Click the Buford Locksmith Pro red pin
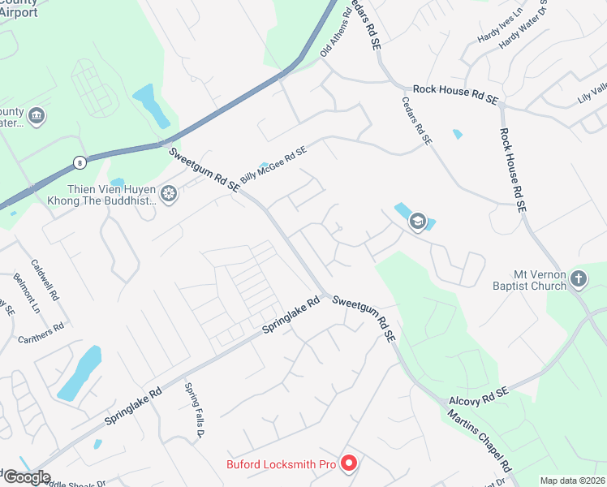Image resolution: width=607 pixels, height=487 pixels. (349, 463)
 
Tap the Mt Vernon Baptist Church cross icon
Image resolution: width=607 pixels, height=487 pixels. (578, 279)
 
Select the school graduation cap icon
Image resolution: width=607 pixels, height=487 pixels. (418, 221)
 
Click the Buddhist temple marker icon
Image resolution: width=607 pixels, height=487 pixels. (169, 193)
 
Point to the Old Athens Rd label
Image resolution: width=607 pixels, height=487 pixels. (336, 32)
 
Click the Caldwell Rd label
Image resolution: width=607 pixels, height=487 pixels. (45, 280)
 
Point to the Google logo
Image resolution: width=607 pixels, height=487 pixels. (26, 478)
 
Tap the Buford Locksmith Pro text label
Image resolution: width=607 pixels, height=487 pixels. (280, 465)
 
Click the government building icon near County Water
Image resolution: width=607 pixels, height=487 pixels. (36, 117)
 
